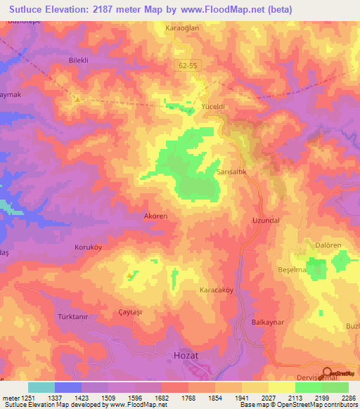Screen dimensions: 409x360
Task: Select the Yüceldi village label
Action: point(213,106)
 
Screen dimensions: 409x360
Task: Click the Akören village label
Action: point(155,216)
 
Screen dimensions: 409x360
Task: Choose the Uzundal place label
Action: point(266,221)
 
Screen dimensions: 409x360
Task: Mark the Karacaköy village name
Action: point(217,290)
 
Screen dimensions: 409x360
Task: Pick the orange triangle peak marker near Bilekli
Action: point(78,99)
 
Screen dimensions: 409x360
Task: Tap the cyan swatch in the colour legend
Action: point(41,387)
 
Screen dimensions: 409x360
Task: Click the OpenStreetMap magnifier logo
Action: point(328,373)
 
